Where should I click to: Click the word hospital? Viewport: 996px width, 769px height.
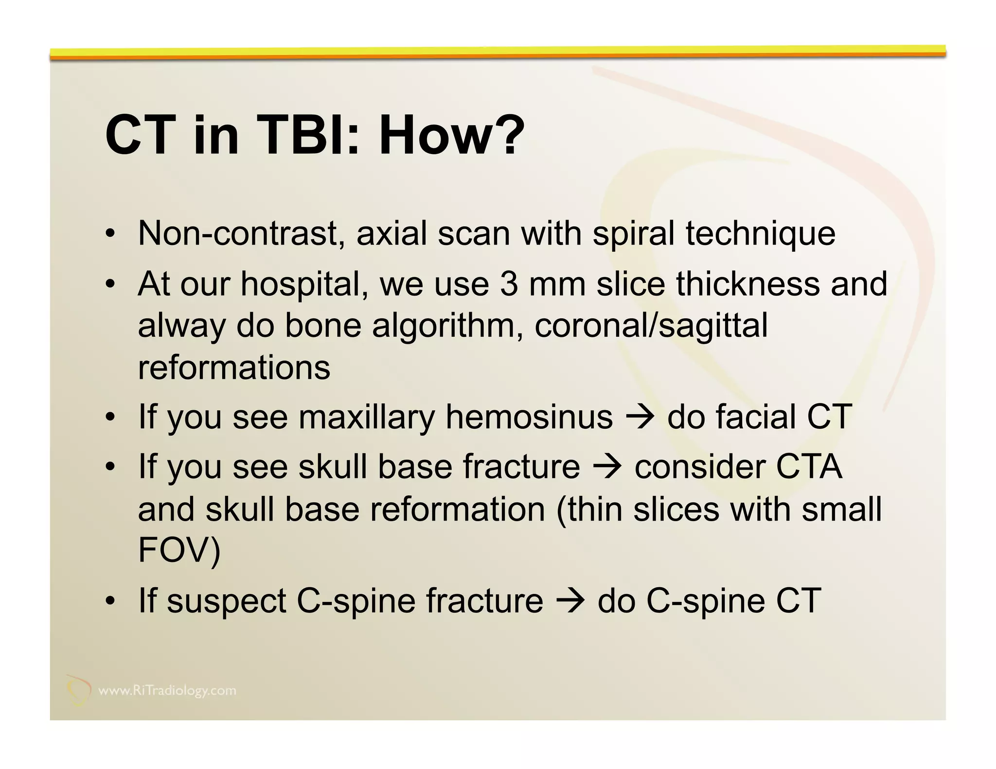pos(304,285)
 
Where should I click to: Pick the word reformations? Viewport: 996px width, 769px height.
pos(234,367)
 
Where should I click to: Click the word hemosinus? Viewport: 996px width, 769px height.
pos(529,417)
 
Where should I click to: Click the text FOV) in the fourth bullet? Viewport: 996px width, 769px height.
pos(179,550)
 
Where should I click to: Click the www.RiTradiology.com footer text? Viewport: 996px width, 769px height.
pos(167,691)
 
